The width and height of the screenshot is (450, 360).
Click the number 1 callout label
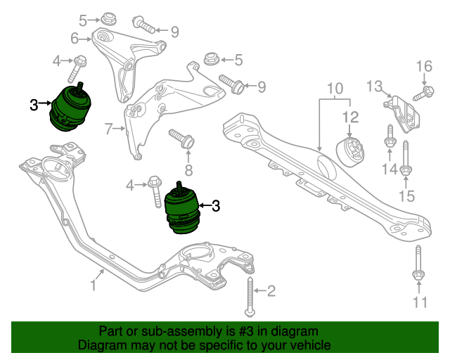click(93, 285)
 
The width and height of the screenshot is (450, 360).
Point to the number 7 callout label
click(109, 129)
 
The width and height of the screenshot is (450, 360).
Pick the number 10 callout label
click(334, 89)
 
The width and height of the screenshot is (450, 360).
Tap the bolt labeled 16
click(423, 92)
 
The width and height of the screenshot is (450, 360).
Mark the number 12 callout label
click(351, 117)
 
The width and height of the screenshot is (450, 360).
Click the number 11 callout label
click(420, 303)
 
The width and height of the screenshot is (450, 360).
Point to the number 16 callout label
click(423, 67)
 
